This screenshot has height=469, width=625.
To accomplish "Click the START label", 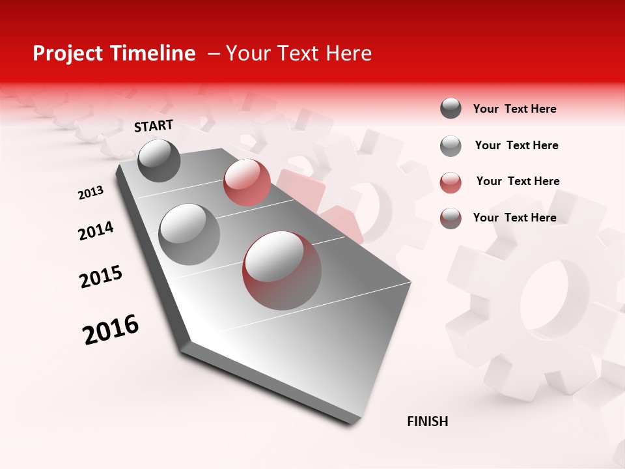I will pyautogui.click(x=154, y=126).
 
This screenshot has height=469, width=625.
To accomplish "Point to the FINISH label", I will pyautogui.click(x=427, y=421).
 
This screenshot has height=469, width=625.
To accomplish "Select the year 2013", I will pyautogui.click(x=90, y=193).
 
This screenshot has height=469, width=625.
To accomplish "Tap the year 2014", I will pyautogui.click(x=96, y=231).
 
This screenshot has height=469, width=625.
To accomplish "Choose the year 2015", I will pyautogui.click(x=101, y=277).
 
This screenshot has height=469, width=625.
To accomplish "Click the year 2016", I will pyautogui.click(x=111, y=329).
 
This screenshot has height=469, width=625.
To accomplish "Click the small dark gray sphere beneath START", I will pyautogui.click(x=159, y=160).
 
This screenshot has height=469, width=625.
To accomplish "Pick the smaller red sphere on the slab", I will pyautogui.click(x=247, y=182).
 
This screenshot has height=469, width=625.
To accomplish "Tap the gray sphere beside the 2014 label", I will pyautogui.click(x=189, y=234).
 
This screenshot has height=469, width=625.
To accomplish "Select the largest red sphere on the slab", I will pyautogui.click(x=282, y=270).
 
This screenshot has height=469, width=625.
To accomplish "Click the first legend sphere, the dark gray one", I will pyautogui.click(x=451, y=108).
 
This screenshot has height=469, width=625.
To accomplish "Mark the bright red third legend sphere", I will pyautogui.click(x=451, y=182).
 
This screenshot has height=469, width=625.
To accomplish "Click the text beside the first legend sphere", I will pyautogui.click(x=514, y=109).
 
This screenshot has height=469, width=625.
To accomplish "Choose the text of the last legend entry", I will pyautogui.click(x=514, y=218).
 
